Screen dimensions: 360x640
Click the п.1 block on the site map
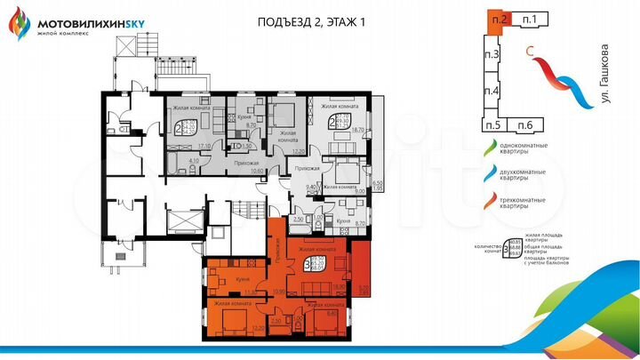[531, 18]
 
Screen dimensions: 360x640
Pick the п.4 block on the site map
[490, 91]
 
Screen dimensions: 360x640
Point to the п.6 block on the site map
[524, 124]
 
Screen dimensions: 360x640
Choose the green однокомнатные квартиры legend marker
[487, 146]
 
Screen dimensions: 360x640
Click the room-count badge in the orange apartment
[308, 264]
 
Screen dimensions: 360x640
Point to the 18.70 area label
[358, 130]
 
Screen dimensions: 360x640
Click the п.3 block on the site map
[490, 57]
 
